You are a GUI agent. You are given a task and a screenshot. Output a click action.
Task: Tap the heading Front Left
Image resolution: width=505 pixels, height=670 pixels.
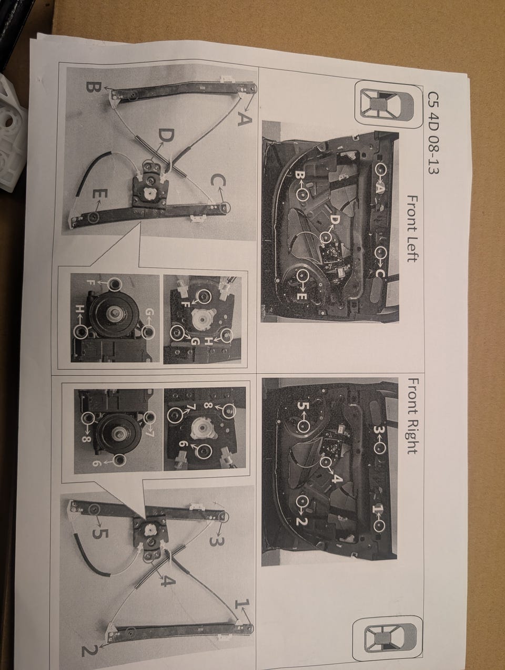coord(413,229)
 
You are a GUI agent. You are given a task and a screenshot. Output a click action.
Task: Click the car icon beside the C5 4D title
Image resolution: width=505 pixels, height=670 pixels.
coord(385,105)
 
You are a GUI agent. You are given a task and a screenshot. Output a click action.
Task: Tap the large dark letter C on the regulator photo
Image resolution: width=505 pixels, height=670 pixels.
coord(218,182)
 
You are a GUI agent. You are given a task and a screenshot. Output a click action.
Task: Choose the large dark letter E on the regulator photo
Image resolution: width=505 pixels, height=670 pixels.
coord(100,195)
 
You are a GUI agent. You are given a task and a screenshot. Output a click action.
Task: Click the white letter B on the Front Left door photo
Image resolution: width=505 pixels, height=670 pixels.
coord(300,175)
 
